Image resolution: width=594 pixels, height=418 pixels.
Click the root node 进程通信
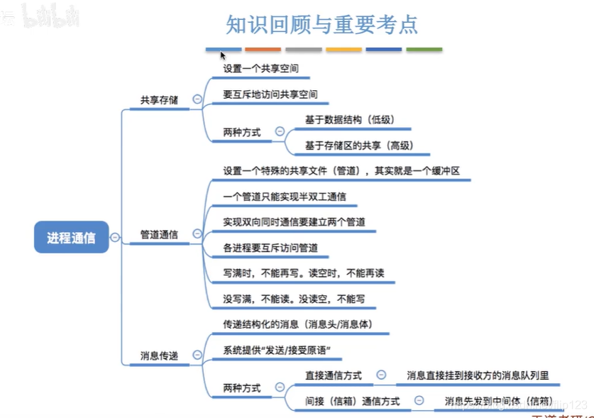click(71, 238)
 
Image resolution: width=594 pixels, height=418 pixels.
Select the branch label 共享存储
click(158, 100)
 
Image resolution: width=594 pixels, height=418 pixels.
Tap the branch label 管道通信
click(158, 233)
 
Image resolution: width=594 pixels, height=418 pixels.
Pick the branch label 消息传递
click(158, 355)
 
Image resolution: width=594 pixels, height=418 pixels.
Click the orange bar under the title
click(263, 50)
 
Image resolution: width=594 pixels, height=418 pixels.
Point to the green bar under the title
click(424, 50)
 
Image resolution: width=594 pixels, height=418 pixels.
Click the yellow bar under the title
click(343, 50)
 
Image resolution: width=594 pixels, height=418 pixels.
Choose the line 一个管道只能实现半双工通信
click(284, 196)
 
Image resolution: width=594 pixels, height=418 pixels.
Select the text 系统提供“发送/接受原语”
click(277, 350)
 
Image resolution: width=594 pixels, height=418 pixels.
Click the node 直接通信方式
click(333, 375)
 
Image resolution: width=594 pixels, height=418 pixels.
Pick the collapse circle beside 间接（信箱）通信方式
click(419, 400)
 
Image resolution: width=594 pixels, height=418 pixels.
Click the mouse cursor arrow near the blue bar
click(222, 55)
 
